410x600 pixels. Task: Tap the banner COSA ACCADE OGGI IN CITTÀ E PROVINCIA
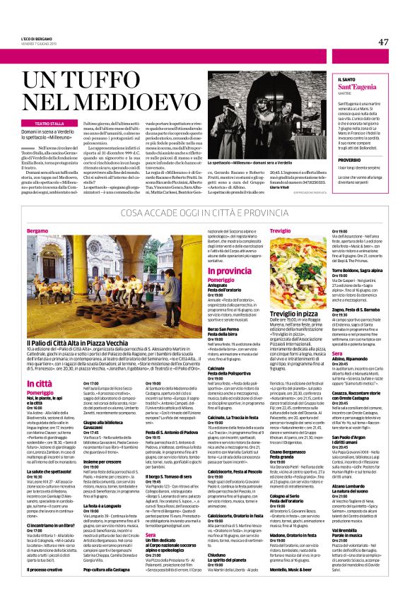(x=206, y=213)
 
